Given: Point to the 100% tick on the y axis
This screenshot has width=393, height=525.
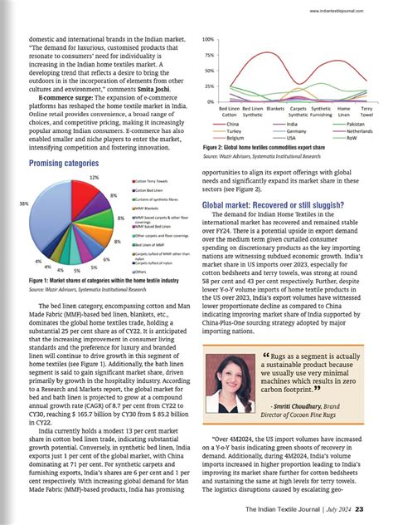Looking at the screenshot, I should point(208,40).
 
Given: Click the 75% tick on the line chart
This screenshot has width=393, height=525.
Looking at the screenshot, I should point(209,55).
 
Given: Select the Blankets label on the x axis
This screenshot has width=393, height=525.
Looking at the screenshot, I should point(276,108).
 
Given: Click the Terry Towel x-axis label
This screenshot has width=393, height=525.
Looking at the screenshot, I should point(366,110).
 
